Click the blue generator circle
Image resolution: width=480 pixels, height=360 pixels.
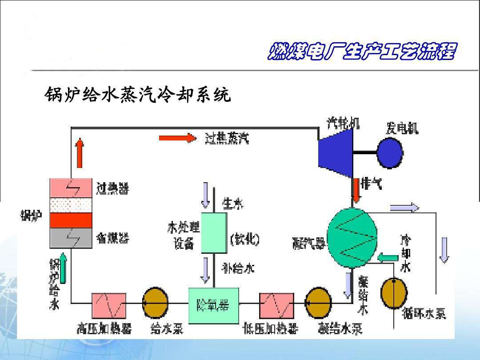pos(390,153)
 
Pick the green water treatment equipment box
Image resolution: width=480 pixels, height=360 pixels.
pos(214,232)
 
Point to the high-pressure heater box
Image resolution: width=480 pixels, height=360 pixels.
pos(109,305)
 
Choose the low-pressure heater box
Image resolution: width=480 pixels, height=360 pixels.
pos(276,305)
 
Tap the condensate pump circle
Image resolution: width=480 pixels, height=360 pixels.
pos(319,303)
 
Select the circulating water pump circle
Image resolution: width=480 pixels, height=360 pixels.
pos(394,293)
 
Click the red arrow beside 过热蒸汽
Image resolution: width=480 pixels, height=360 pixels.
pos(177,138)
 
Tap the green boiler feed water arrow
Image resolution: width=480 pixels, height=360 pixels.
pos(63,268)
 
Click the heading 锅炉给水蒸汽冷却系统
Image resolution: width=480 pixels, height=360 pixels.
pos(138,95)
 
